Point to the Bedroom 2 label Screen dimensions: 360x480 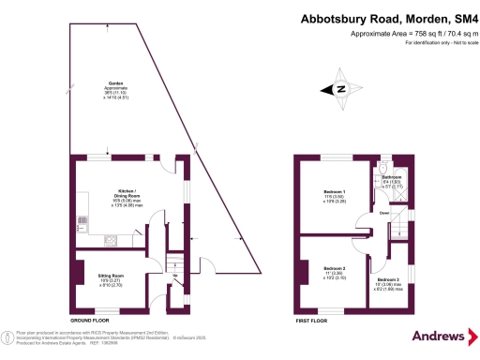point(335,268)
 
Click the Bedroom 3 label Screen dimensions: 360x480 point(388,279)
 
